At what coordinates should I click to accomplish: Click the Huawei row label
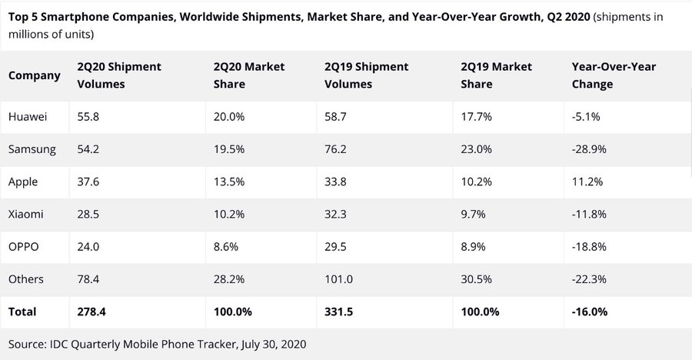point(28,117)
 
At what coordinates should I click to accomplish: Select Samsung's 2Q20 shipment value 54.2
point(89,149)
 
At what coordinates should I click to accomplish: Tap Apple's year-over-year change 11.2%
point(587,182)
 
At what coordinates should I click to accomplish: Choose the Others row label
point(26,278)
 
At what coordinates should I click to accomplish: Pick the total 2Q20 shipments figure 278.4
point(93,312)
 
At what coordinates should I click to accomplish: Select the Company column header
point(35,75)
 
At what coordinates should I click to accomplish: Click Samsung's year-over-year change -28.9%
point(591,149)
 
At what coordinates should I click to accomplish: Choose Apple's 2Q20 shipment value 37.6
point(89,182)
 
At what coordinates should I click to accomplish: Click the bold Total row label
point(23,312)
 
